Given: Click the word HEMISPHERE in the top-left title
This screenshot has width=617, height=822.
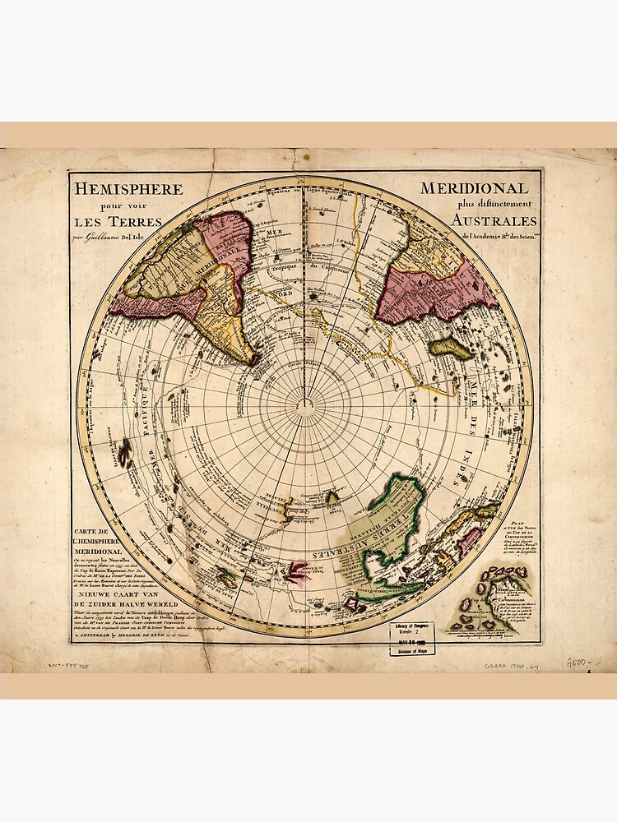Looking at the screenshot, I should coord(129,188).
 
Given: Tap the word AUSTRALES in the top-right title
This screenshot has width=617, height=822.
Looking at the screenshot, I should coord(494,220).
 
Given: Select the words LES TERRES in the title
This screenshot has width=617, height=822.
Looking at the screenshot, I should coord(118,221).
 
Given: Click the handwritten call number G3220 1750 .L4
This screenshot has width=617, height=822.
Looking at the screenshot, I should coord(509,664).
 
